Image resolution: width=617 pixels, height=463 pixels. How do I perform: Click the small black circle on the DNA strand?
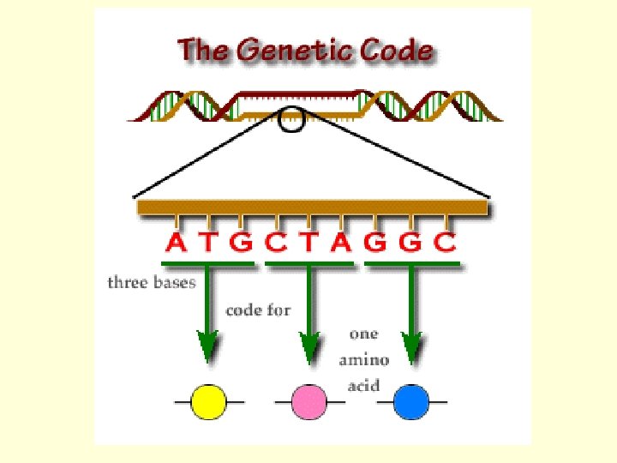click(x=292, y=121)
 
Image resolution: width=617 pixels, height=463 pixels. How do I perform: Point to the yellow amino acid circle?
click(x=208, y=401)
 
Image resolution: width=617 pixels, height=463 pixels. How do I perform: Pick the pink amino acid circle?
click(x=308, y=401)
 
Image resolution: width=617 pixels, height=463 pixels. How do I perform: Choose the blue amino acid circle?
click(x=411, y=401)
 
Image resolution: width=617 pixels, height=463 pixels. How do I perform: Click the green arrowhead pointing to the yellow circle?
click(x=207, y=346)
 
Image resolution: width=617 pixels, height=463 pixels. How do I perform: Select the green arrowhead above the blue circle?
click(x=412, y=346)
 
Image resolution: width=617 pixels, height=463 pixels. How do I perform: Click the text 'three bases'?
click(x=152, y=282)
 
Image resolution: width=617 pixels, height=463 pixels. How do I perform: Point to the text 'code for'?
click(x=258, y=310)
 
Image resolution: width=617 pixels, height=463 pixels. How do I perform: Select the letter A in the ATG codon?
click(x=176, y=243)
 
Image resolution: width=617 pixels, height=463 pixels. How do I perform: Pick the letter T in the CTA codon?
click(x=308, y=243)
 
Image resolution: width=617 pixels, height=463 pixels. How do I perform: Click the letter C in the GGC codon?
click(x=444, y=243)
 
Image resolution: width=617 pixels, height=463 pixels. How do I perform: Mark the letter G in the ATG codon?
click(x=242, y=243)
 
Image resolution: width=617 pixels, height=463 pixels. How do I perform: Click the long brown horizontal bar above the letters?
click(x=312, y=207)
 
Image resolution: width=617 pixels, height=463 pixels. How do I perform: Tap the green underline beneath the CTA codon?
click(x=308, y=263)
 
